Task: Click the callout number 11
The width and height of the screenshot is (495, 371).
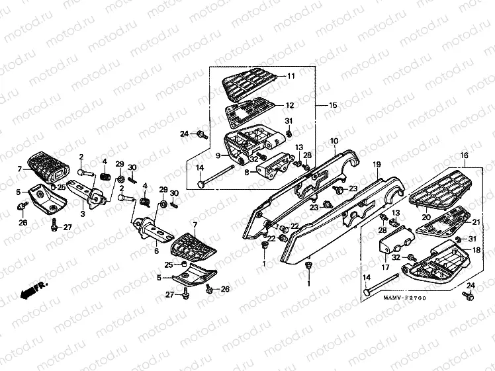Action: (x=290, y=77)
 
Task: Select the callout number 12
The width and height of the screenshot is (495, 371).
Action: (x=290, y=105)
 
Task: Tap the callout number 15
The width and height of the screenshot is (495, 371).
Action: (x=333, y=105)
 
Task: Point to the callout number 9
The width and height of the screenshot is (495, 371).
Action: (x=217, y=156)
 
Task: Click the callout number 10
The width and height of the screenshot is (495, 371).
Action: (x=334, y=141)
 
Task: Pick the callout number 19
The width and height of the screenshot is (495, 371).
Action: (x=377, y=164)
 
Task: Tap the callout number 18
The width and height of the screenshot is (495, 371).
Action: (x=476, y=250)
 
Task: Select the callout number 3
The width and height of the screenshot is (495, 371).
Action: (x=82, y=214)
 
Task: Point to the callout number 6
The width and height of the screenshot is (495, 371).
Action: (x=156, y=251)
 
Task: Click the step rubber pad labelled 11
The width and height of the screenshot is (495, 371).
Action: (x=248, y=85)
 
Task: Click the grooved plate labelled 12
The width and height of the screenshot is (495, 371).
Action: (x=251, y=112)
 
